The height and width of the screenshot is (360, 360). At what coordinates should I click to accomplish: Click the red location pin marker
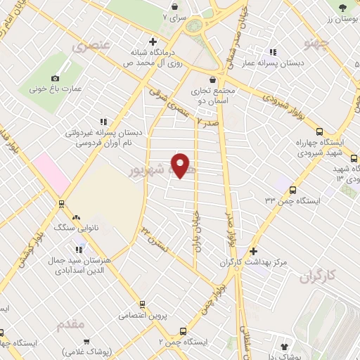point(181,165)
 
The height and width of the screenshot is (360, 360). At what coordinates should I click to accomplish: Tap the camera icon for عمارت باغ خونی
point(56,78)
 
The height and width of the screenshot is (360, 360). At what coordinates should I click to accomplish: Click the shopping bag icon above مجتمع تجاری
point(213,79)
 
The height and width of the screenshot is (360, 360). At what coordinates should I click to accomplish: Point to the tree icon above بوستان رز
point(342,8)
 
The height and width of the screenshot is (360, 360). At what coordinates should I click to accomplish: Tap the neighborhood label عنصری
point(91,45)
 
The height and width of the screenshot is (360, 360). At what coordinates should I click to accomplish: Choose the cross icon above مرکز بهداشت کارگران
point(254,250)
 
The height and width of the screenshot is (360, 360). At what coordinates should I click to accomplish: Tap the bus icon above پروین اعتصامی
point(143,304)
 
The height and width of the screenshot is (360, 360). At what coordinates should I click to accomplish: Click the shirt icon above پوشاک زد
point(285,346)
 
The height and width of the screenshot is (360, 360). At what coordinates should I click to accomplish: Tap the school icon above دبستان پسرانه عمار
point(273,51)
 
